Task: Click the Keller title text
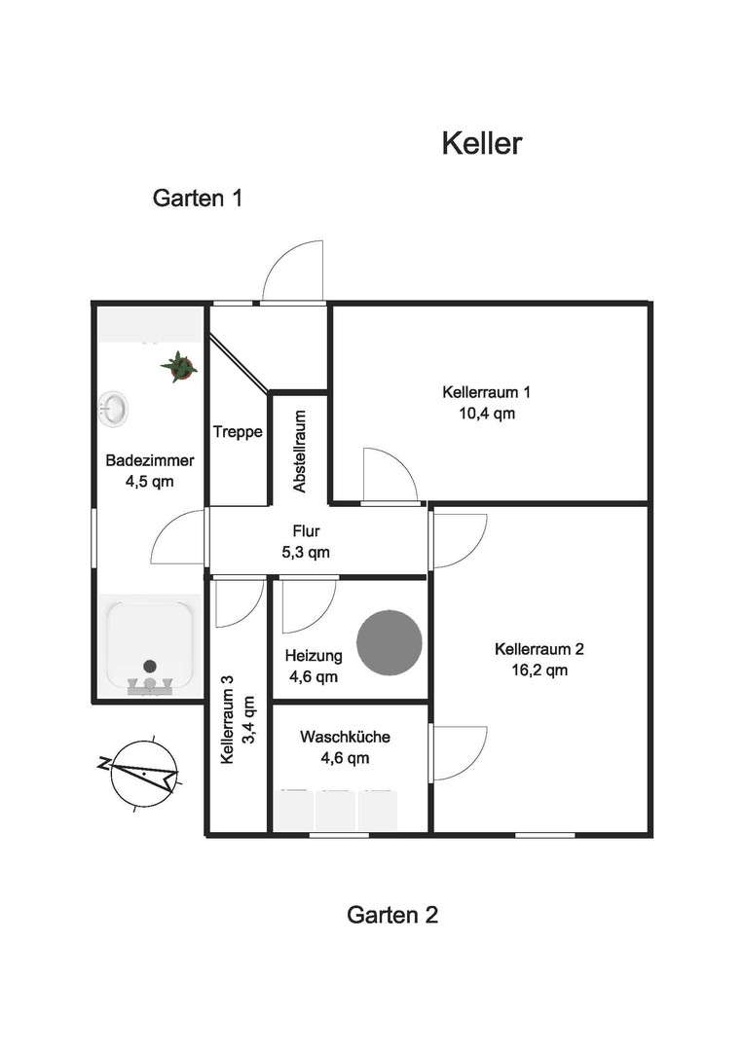tap(482, 143)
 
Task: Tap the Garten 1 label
tap(198, 199)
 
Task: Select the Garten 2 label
tap(392, 915)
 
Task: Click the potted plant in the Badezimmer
tap(179, 366)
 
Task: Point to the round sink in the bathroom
tap(113, 408)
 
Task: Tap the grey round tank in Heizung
tap(390, 643)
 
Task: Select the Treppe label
tap(238, 432)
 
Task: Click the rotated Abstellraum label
tap(299, 452)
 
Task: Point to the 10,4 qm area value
tap(487, 414)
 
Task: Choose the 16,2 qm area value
tap(539, 670)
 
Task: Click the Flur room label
tap(306, 531)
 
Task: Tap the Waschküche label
tap(345, 737)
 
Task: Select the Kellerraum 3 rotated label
tap(228, 719)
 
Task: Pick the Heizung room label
tap(314, 656)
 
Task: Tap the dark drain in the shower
tap(150, 667)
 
